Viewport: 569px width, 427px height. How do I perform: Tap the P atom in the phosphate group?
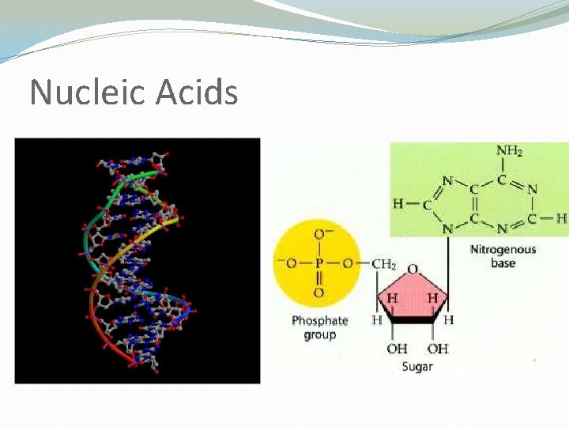tap(318, 263)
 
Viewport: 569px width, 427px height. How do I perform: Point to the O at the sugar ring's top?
tap(413, 270)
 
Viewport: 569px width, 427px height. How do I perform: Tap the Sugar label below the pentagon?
tap(416, 367)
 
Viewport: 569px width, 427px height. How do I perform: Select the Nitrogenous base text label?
tap(503, 256)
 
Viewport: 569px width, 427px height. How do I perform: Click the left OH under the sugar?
tap(397, 349)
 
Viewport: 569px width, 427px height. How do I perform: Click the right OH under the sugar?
tap(437, 349)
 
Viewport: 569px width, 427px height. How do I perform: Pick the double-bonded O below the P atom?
tap(318, 293)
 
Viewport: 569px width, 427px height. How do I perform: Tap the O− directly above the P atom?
tap(320, 234)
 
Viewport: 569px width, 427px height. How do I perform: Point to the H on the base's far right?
tap(561, 217)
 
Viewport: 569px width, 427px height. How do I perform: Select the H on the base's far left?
tap(398, 204)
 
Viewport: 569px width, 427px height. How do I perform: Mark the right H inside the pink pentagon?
tap(432, 298)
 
